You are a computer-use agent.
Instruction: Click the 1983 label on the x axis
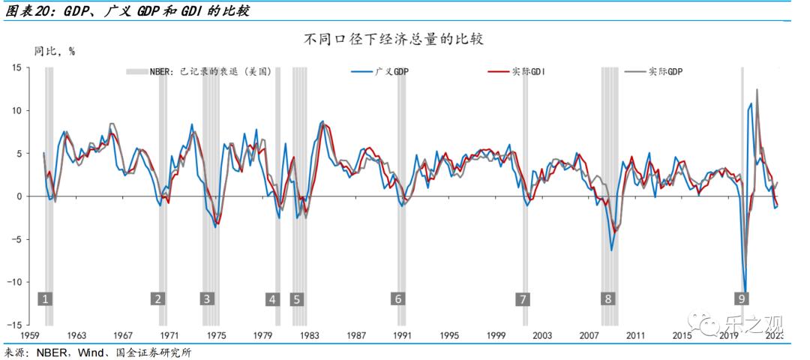309,335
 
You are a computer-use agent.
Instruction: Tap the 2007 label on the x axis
589,335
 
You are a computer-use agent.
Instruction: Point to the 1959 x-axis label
31,335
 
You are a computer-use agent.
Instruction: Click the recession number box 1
46,298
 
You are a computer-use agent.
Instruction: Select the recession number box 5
297,298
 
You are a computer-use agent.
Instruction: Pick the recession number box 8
607,298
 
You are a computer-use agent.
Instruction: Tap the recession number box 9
742,298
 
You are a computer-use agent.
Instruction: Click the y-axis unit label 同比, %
55,52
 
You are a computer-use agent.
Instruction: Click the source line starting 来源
97,352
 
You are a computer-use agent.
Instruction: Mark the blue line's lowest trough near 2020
745,291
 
